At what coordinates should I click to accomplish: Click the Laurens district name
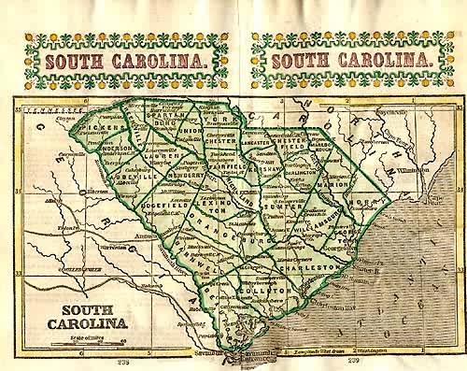coord(166,157)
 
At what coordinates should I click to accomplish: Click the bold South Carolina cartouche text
coord(92,316)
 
